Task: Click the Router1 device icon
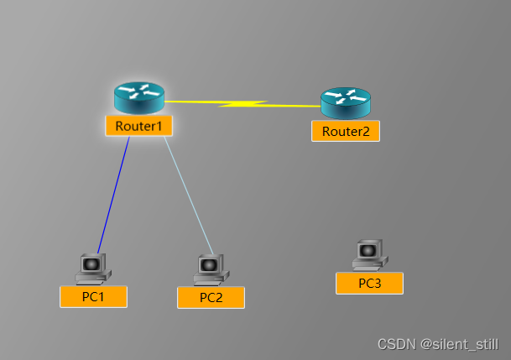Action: click(x=139, y=98)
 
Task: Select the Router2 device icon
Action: click(x=345, y=103)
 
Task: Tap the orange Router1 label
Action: click(x=139, y=126)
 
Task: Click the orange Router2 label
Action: click(x=345, y=131)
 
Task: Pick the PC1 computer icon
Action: click(x=92, y=268)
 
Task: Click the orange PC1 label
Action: click(x=93, y=296)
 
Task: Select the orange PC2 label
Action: click(x=211, y=297)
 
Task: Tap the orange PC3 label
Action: click(x=369, y=283)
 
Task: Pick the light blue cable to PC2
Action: click(x=188, y=195)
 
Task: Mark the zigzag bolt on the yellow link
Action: click(x=242, y=104)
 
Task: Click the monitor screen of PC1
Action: click(x=91, y=263)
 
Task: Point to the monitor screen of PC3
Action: click(x=368, y=250)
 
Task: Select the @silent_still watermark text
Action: click(x=459, y=344)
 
